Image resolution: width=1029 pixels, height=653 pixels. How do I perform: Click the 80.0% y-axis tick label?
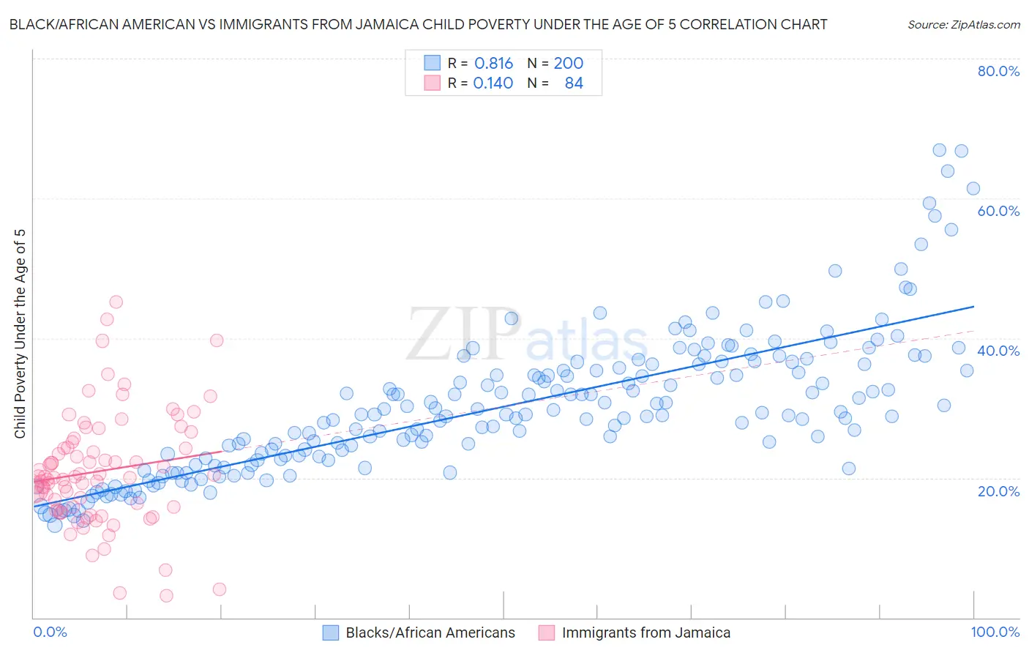pyautogui.click(x=998, y=71)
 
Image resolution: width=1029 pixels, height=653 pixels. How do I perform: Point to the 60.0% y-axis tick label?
pyautogui.click(x=998, y=211)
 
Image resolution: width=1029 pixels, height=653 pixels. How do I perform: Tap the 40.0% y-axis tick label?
pyautogui.click(x=998, y=351)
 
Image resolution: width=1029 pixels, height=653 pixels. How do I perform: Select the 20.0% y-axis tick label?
pyautogui.click(x=998, y=491)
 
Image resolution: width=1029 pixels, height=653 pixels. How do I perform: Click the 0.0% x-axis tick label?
pyautogui.click(x=50, y=633)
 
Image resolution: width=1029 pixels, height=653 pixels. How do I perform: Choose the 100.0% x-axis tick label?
pyautogui.click(x=995, y=633)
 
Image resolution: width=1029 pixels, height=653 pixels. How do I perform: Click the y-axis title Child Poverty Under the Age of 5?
pyautogui.click(x=20, y=333)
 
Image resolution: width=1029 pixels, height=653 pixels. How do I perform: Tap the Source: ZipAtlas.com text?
pyautogui.click(x=963, y=24)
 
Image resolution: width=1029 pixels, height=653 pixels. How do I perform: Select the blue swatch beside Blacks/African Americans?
pyautogui.click(x=331, y=633)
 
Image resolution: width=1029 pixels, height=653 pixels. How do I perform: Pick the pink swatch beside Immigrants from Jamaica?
pyautogui.click(x=547, y=633)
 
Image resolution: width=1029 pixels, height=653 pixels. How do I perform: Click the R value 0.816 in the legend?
pyautogui.click(x=493, y=64)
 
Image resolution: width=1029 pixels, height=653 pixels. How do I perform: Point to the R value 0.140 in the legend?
pyautogui.click(x=493, y=83)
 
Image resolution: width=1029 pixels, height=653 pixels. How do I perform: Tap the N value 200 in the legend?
pyautogui.click(x=568, y=64)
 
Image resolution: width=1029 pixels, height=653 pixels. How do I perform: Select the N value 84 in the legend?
pyautogui.click(x=574, y=83)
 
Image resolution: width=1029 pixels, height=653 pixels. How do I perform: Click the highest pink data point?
pyautogui.click(x=116, y=302)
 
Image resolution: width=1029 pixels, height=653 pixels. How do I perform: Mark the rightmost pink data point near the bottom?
pyautogui.click(x=219, y=589)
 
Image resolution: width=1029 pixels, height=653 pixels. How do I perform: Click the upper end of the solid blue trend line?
pyautogui.click(x=973, y=307)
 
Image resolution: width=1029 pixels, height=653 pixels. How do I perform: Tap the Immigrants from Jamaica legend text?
pyautogui.click(x=646, y=633)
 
